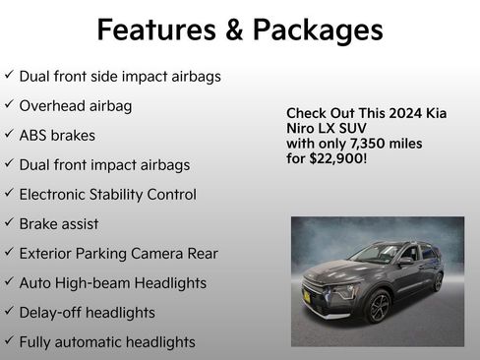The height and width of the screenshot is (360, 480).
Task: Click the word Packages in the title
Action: (x=317, y=30)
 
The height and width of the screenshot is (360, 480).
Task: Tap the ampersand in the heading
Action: (x=234, y=30)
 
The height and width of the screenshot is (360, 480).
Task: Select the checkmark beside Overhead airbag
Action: (x=9, y=105)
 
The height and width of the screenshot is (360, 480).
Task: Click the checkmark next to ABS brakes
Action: (x=9, y=135)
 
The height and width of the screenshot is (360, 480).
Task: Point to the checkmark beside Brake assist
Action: (x=9, y=223)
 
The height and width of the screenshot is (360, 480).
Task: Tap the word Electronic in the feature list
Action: (x=55, y=195)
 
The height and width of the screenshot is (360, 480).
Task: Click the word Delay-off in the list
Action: (x=49, y=313)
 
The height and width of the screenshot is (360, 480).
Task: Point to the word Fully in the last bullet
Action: (x=35, y=342)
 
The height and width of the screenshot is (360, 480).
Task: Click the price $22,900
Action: (x=336, y=157)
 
